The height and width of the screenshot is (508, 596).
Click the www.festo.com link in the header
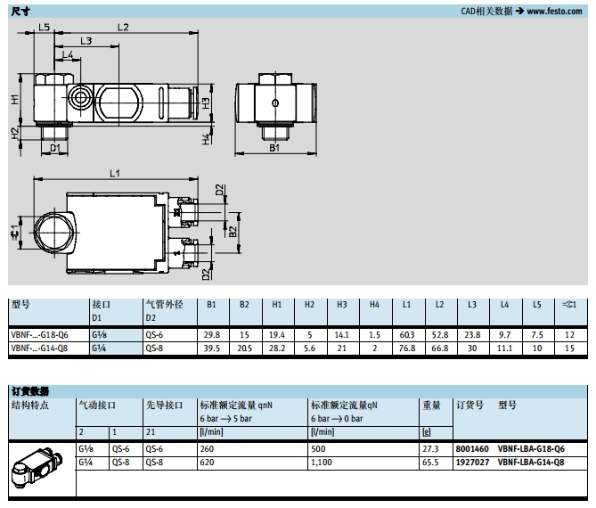[554, 11]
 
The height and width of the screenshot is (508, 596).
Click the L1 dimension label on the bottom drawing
[115, 174]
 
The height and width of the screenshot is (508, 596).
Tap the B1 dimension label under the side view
[274, 148]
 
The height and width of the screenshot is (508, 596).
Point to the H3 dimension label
[206, 103]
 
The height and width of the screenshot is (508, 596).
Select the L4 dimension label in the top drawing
[68, 54]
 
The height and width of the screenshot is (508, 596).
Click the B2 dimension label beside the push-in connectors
[233, 232]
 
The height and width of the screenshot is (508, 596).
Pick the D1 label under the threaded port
[55, 148]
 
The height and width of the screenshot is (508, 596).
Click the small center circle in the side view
[275, 102]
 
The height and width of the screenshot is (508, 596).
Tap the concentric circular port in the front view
[80, 97]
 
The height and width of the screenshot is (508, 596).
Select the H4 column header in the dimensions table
[374, 305]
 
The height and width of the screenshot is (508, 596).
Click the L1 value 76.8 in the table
[407, 348]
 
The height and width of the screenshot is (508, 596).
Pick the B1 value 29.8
[212, 335]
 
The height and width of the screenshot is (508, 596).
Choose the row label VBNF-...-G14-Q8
[39, 348]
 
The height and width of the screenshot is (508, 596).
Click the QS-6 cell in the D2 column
[154, 335]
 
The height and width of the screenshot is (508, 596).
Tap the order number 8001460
[472, 449]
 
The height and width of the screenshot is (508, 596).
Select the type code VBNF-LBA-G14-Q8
[531, 463]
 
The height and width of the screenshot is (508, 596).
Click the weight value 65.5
[430, 463]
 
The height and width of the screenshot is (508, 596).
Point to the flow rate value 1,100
[322, 463]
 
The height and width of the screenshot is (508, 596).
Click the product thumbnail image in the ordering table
[37, 467]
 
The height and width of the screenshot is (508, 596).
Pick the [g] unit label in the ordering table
[427, 432]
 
